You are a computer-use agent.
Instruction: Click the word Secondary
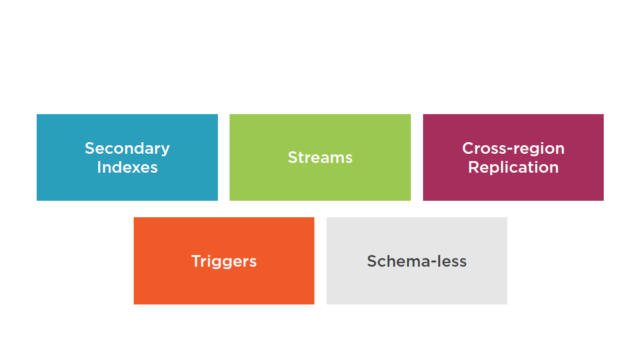tap(127, 149)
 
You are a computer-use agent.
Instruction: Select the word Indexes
tap(127, 167)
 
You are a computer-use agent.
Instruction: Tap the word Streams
tap(320, 157)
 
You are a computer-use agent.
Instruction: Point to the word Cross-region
tap(513, 149)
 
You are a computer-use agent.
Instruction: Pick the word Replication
tap(513, 168)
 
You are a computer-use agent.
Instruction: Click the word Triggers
tap(224, 262)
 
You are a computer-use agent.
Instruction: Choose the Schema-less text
tap(417, 261)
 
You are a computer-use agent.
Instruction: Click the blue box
tap(127, 157)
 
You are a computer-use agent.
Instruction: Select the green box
tap(320, 157)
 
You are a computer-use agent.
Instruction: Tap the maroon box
tap(513, 157)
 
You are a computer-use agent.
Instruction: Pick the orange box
tap(224, 261)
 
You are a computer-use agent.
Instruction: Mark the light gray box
tap(417, 261)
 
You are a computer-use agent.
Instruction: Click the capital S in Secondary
tap(90, 148)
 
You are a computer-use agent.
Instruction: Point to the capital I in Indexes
tap(99, 168)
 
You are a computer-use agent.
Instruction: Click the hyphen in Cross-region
tap(510, 150)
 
